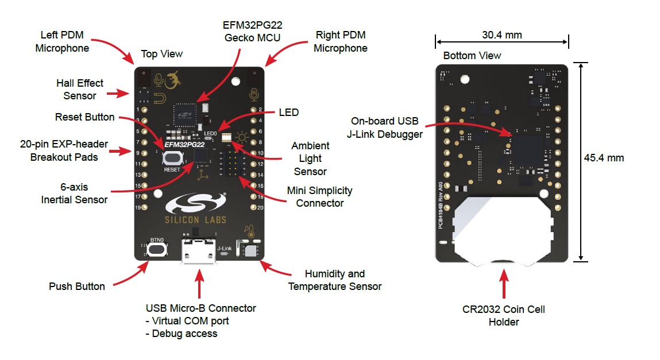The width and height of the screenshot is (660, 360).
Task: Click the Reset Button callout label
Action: pos(84,117)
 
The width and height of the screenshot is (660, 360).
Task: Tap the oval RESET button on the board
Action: pos(172,159)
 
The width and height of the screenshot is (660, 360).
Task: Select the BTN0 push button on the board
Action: pos(157,249)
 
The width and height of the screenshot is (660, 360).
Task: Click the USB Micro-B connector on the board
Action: pos(199,251)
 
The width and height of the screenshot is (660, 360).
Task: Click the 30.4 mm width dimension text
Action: pos(501,35)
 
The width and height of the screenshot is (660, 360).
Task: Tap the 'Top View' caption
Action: pos(162,54)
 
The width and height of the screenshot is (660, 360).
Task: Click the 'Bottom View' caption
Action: pos(472,56)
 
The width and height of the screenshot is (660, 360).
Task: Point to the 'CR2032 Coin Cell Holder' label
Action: pos(503,315)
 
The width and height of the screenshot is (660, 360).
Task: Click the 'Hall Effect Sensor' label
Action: pos(80,89)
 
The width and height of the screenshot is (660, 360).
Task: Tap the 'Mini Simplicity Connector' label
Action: pos(320,196)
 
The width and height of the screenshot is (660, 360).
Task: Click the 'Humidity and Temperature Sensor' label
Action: pos(334,280)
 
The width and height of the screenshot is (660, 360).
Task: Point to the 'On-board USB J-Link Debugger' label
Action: pos(384,128)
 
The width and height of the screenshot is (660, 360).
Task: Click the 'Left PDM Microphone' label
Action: pos(62,41)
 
